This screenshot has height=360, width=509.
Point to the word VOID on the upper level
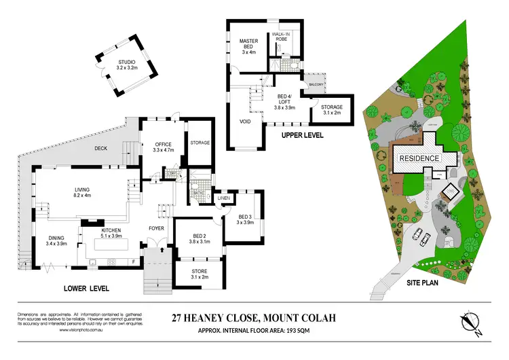point(246,122)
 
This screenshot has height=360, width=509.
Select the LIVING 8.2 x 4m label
point(82,193)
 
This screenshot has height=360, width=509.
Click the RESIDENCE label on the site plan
point(419,158)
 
